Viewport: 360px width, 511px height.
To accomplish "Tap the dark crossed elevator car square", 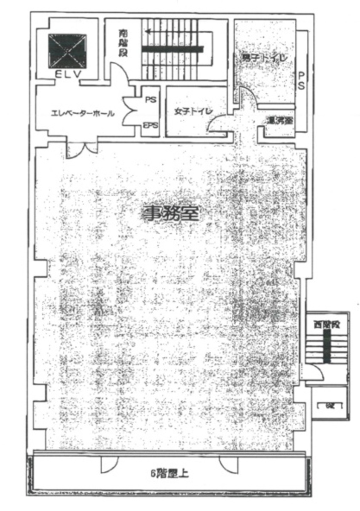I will (x=67, y=50).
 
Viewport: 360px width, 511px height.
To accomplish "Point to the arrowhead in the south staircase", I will (x=148, y=31).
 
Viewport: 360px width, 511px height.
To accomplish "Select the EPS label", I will (x=150, y=126).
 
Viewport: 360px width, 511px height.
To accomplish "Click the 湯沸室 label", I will (x=279, y=121).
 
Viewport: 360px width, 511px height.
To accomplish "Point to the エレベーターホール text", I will (x=82, y=113).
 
